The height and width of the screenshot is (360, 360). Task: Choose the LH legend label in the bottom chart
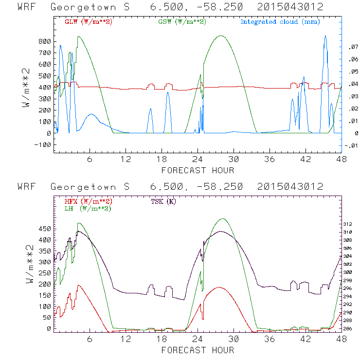88,208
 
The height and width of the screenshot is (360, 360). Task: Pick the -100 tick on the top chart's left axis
42,144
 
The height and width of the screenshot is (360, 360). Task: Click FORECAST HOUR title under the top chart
198,170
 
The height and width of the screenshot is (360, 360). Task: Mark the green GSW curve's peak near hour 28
221,36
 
